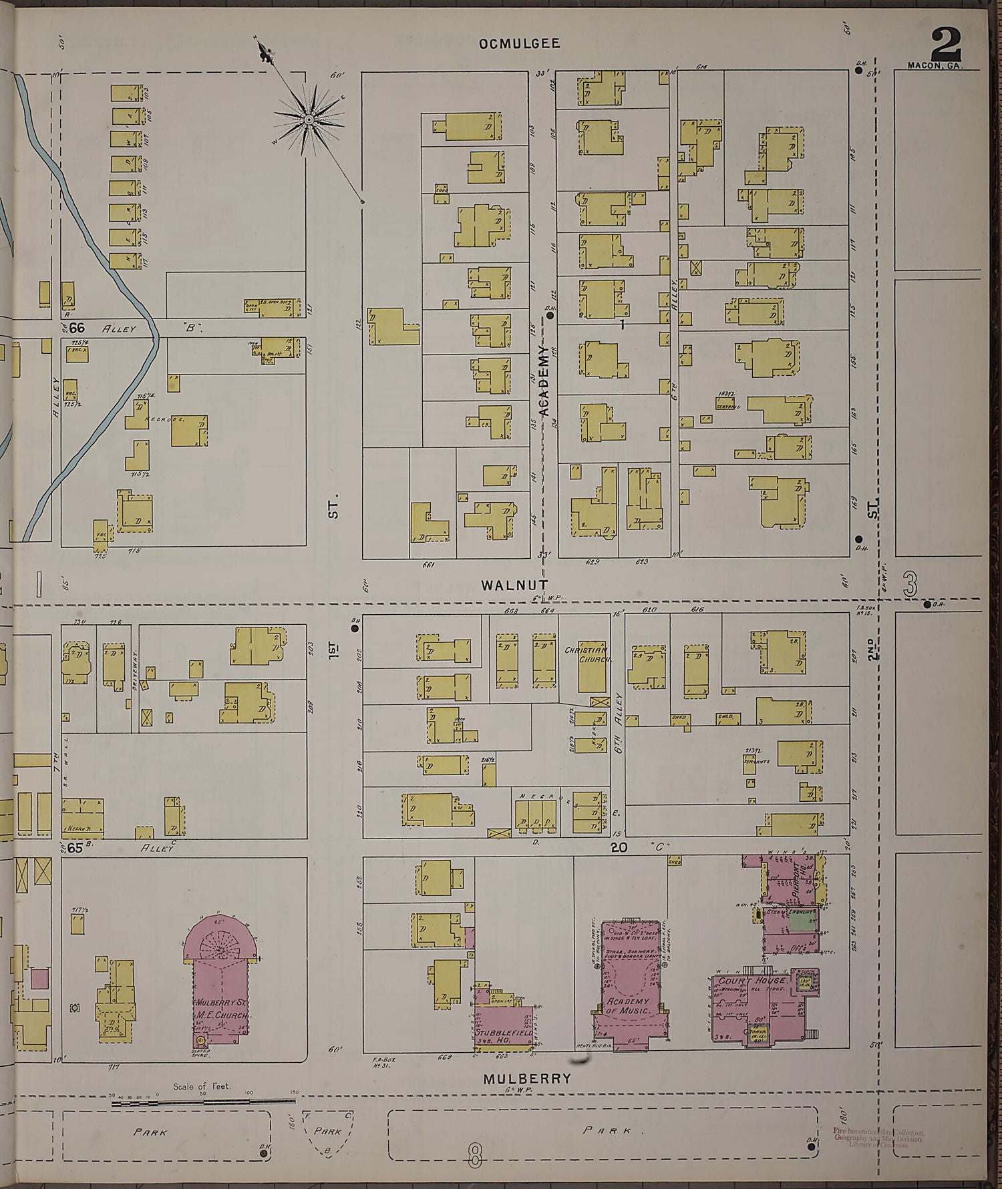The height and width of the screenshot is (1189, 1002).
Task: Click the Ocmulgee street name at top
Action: pos(519,44)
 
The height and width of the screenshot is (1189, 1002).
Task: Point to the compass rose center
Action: pos(309,120)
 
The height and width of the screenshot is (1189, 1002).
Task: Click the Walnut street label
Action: pos(514,585)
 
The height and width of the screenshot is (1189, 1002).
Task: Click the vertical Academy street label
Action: pos(543,381)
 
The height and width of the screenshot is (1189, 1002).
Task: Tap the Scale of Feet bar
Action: pos(200,1103)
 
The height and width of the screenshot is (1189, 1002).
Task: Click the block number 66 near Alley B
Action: pos(77,328)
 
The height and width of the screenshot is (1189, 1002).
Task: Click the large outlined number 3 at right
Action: pos(908,585)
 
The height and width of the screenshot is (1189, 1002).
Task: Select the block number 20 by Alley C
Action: pos(619,847)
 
